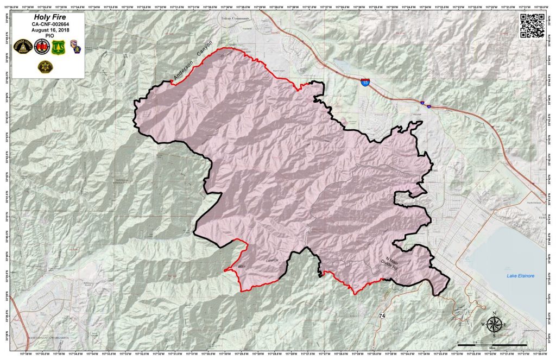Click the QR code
pos(532,25)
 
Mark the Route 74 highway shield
pos(383,315)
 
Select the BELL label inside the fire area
pos(242,267)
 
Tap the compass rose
pos(495,325)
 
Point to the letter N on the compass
pos(495,313)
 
